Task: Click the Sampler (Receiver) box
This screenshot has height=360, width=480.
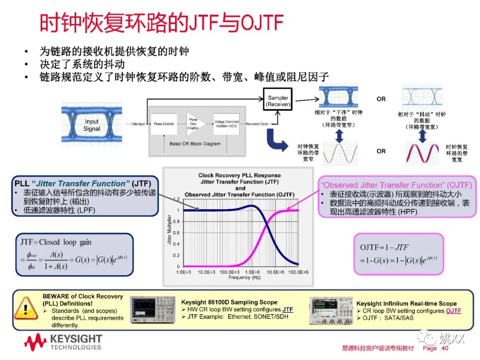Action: click(x=278, y=101)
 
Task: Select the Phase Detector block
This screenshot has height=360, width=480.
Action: click(x=164, y=124)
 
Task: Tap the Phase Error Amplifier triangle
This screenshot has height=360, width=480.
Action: click(x=195, y=123)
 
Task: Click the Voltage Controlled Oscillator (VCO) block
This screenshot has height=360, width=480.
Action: click(x=227, y=124)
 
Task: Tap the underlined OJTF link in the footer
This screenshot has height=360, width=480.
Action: click(x=453, y=311)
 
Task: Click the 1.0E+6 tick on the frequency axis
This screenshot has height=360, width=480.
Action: click(x=252, y=272)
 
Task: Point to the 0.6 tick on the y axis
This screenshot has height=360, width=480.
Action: click(x=177, y=233)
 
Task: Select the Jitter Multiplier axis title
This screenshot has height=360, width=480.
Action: click(x=169, y=232)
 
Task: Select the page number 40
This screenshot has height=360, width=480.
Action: click(x=444, y=348)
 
